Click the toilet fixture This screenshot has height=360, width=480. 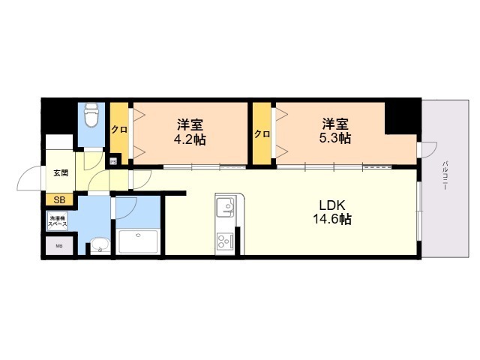click(91, 117)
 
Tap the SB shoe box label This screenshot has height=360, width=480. click(58, 199)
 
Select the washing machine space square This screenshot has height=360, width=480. click(58, 221)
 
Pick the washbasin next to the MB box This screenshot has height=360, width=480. click(97, 244)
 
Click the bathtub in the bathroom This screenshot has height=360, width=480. click(138, 242)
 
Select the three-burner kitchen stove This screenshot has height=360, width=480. click(226, 241)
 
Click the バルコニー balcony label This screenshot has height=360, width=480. click(445, 176)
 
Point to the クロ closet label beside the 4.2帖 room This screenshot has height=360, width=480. click(119, 129)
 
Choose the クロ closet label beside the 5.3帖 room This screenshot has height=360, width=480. click(262, 134)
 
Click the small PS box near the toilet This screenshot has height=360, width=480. click(114, 160)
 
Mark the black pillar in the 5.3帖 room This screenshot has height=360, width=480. click(400, 115)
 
